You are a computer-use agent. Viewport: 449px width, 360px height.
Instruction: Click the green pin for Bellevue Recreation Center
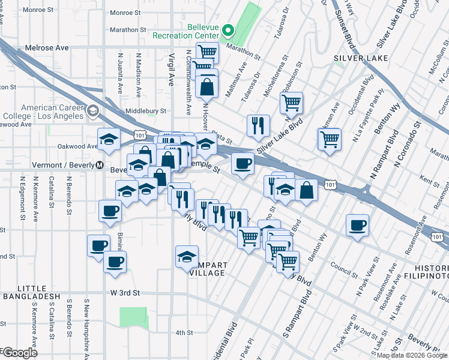(x=228, y=31)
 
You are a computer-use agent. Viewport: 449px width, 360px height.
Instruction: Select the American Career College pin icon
(x=93, y=110)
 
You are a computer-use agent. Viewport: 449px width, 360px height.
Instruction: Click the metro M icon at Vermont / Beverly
(x=100, y=165)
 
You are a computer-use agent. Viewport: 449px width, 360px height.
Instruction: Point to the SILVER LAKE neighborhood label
(x=361, y=58)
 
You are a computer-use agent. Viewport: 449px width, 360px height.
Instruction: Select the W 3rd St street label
(x=125, y=293)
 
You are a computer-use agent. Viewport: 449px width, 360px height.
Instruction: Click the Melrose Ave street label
(x=47, y=47)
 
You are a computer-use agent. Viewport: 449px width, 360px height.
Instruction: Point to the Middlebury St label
(x=146, y=111)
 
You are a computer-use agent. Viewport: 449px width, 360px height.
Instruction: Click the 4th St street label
(x=184, y=332)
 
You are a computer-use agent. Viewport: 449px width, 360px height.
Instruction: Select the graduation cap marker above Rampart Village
(x=187, y=256)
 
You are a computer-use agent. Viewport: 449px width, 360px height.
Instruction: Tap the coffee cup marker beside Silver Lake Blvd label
(x=243, y=164)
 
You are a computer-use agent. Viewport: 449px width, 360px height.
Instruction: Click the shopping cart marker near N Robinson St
(x=291, y=103)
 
